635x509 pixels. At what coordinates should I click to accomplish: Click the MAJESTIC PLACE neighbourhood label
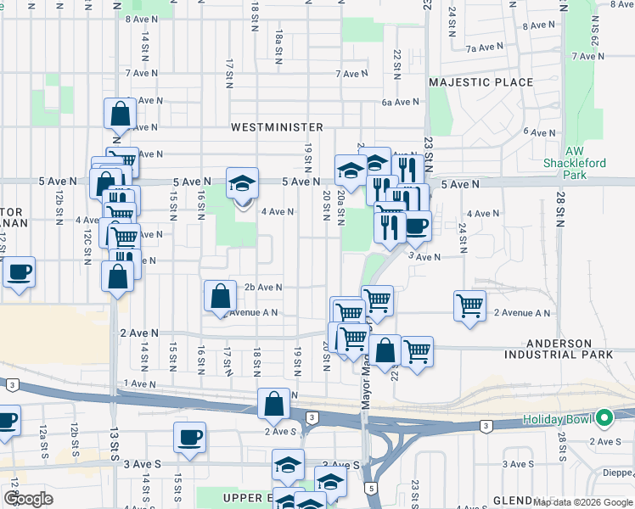pyautogui.click(x=480, y=82)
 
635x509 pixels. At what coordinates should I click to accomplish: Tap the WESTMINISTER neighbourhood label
pyautogui.click(x=277, y=127)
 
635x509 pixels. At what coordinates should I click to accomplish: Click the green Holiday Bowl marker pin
pyautogui.click(x=604, y=418)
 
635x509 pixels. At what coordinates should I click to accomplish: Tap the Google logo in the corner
pyautogui.click(x=28, y=499)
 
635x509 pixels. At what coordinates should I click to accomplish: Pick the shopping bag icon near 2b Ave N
pyautogui.click(x=220, y=297)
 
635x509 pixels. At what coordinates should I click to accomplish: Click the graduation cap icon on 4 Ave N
pyautogui.click(x=242, y=184)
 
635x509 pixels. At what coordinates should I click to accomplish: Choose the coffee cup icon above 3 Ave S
pyautogui.click(x=189, y=438)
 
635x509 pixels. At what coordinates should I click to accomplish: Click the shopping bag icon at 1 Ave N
pyautogui.click(x=274, y=405)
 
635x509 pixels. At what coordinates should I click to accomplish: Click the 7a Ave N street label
pyautogui.click(x=486, y=48)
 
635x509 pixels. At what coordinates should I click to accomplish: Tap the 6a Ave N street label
pyautogui.click(x=401, y=102)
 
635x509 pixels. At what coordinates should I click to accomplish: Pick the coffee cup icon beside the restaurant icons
pyautogui.click(x=416, y=227)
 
